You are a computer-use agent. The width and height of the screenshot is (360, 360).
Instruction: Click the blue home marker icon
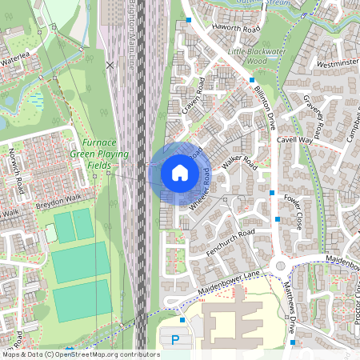click(x=180, y=173)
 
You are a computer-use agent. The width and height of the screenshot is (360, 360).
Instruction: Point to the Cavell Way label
click(x=294, y=139)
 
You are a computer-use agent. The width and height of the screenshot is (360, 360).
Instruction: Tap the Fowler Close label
click(x=291, y=209)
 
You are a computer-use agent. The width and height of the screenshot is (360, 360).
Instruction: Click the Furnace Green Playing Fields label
click(x=91, y=152)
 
